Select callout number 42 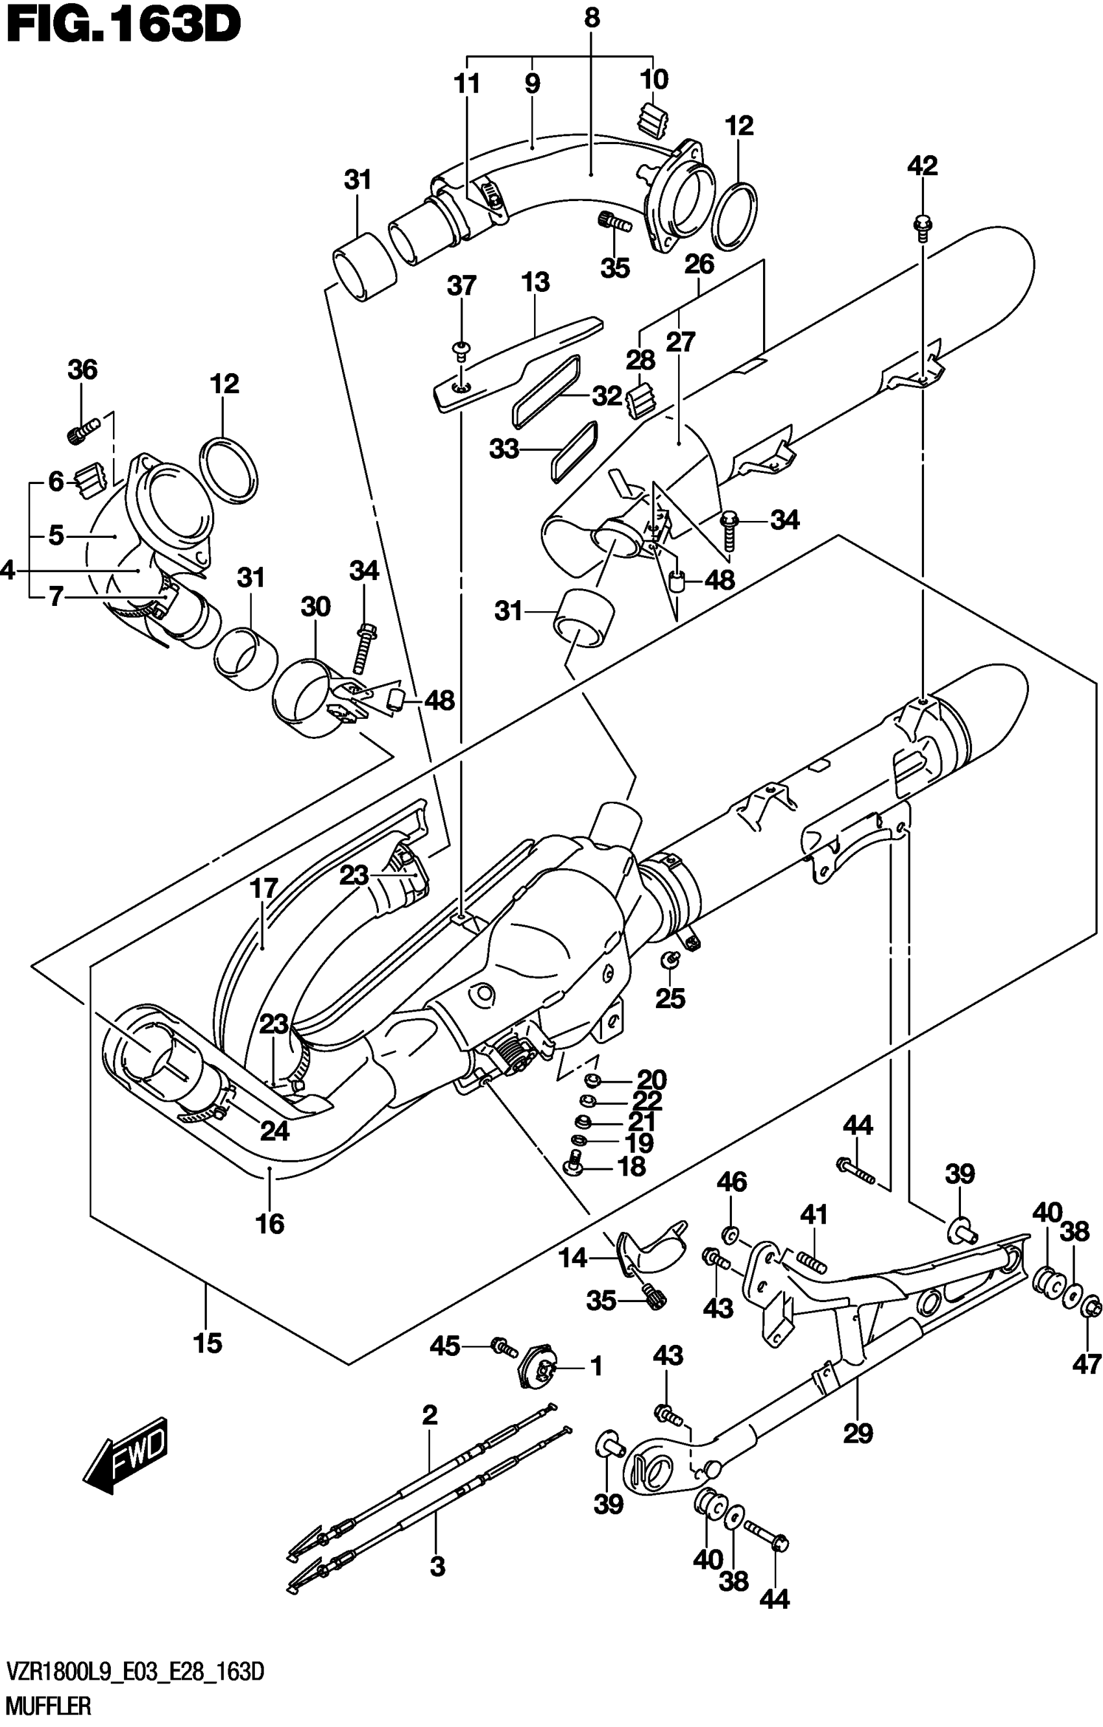[921, 166]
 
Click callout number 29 [858, 1433]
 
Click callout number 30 [315, 607]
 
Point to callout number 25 [670, 998]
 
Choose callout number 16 [270, 1224]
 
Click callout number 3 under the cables [437, 1567]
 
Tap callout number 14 [572, 1258]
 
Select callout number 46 [731, 1181]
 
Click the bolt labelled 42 [921, 224]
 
